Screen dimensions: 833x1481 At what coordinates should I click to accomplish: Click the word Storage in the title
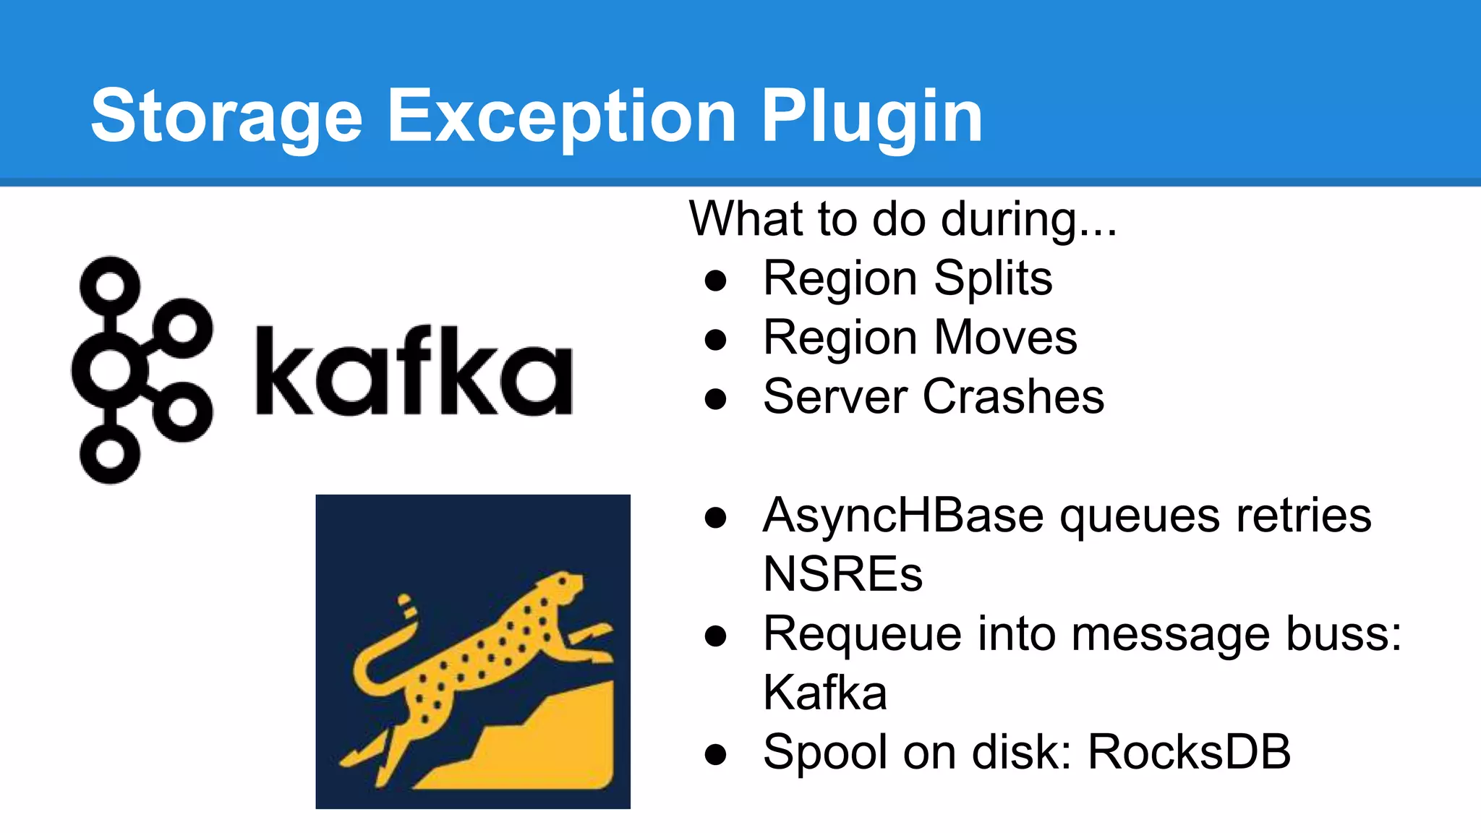[226, 116]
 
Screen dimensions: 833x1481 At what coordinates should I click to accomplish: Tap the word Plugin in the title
[871, 116]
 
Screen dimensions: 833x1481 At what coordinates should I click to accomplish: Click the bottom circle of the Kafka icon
[110, 454]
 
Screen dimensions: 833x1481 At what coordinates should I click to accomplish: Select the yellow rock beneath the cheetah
[550, 745]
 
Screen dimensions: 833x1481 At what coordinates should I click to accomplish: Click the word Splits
[993, 278]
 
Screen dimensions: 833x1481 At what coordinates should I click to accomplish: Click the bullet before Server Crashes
[715, 398]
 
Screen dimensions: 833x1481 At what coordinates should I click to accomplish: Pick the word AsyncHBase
[902, 516]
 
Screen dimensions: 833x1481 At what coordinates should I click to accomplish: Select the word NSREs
[842, 574]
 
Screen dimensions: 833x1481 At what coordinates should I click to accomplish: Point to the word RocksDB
[1189, 752]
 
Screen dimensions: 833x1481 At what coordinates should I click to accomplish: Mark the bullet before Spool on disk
[715, 754]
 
